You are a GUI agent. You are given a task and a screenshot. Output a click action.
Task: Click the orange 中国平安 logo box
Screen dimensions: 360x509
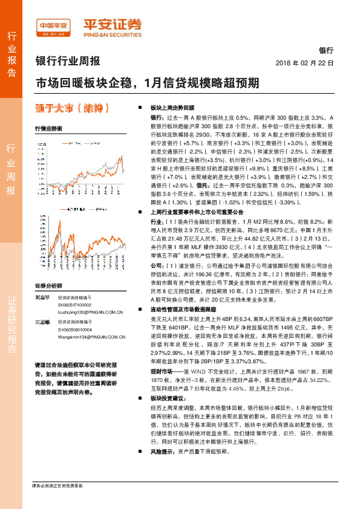54,25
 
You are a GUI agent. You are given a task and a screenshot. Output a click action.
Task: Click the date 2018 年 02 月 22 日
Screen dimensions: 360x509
304,62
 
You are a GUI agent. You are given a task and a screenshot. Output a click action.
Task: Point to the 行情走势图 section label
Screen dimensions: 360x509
48,129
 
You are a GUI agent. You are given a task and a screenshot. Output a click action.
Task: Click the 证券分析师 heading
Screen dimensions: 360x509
48,285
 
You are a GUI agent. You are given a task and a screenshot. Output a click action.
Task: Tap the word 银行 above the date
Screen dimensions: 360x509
326,51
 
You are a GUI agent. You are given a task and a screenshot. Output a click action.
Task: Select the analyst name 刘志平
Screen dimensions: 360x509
42,298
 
